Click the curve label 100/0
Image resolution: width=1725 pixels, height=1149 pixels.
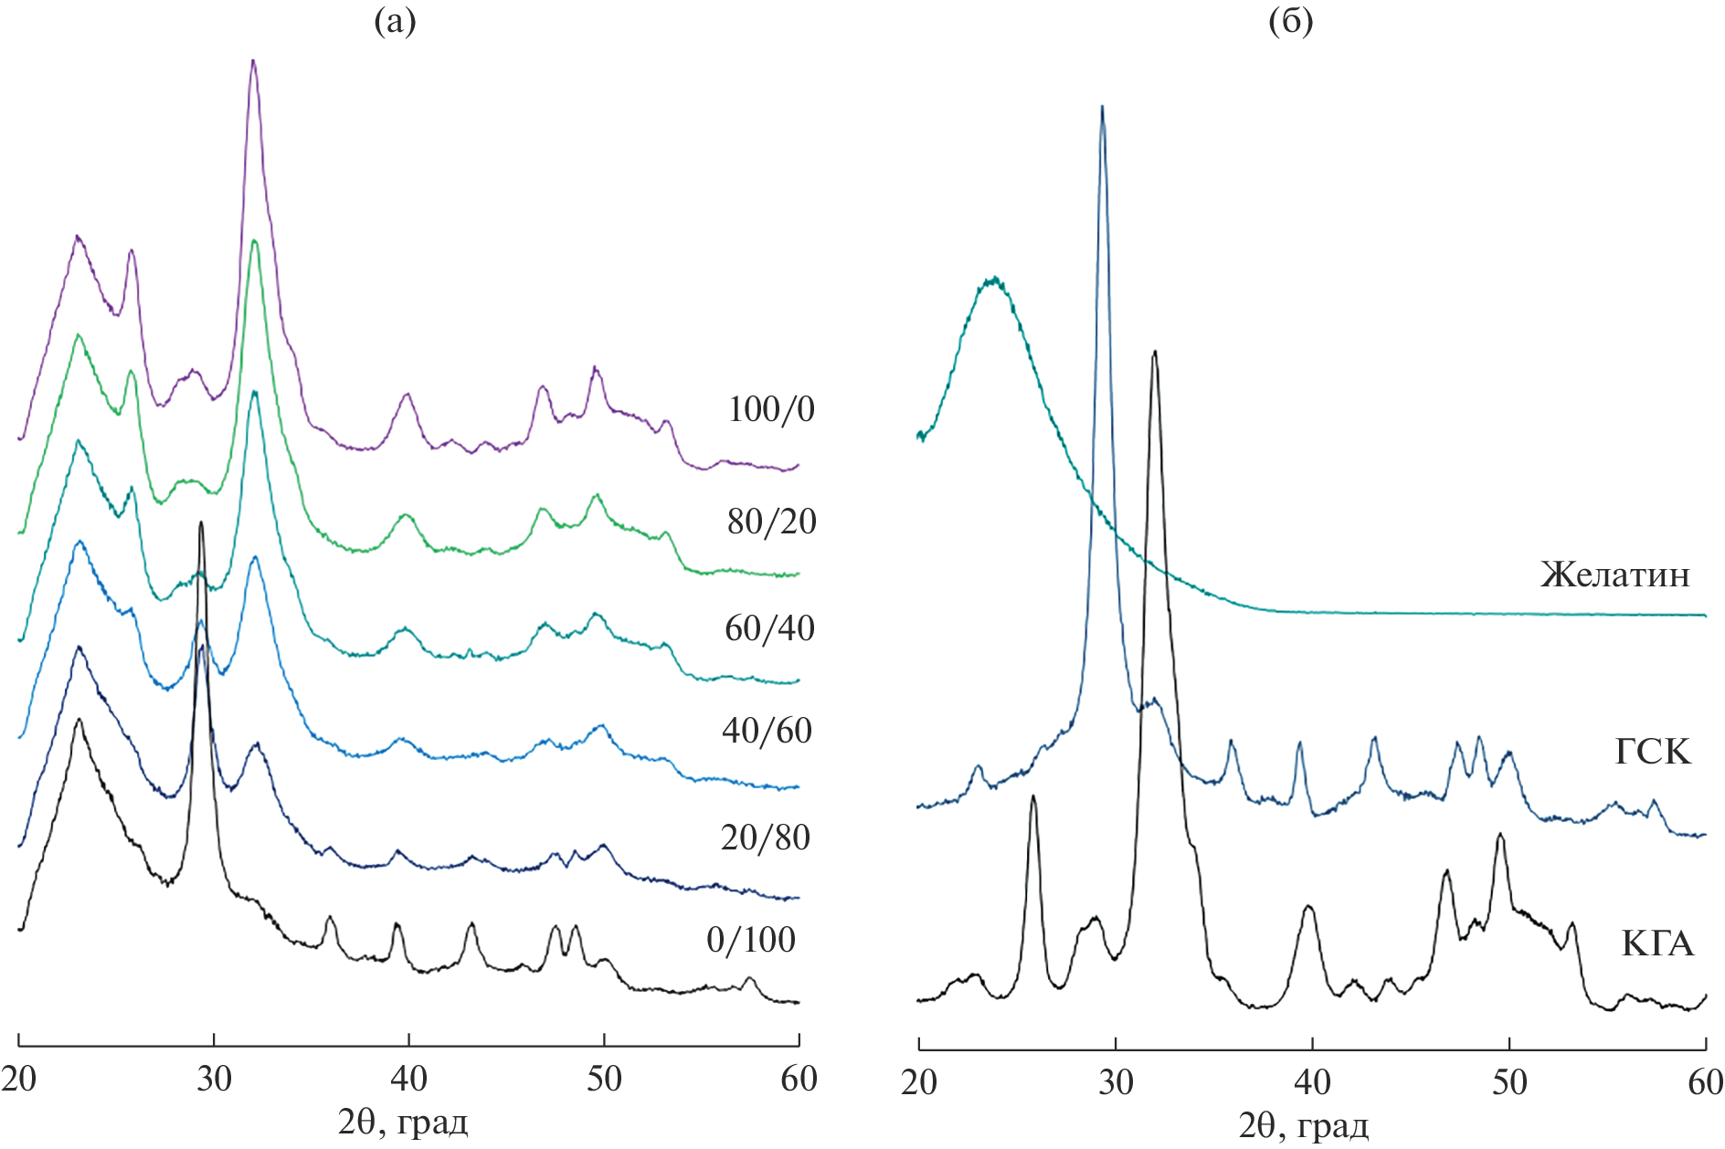pos(770,409)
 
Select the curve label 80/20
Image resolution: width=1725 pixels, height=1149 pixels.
pos(771,522)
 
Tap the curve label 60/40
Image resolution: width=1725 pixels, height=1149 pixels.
pos(769,628)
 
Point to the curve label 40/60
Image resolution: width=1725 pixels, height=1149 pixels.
pos(767,731)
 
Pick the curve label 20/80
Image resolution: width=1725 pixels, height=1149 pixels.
pos(765,838)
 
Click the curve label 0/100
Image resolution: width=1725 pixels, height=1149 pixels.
pos(750,940)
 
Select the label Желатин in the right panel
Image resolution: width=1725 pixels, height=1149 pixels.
pos(1614,574)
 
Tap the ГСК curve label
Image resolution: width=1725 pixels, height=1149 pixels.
pos(1653,752)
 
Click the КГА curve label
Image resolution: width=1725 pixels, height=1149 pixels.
pos(1657,943)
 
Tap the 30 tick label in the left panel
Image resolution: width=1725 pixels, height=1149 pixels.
pos(214,1080)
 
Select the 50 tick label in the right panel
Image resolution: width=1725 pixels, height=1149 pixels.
pos(1509,1082)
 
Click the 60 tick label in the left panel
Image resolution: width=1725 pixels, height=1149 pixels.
pos(799,1080)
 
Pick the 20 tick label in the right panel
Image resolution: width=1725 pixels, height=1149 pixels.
pos(919,1082)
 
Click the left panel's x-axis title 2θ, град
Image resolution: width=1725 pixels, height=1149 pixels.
pos(403,1123)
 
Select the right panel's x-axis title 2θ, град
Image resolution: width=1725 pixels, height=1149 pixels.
pos(1304,1126)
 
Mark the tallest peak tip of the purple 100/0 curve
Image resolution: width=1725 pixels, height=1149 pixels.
pos(253,61)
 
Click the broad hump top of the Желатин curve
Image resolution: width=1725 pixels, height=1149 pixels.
pos(993,278)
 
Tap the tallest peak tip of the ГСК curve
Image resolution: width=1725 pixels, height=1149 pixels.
pos(1103,107)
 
